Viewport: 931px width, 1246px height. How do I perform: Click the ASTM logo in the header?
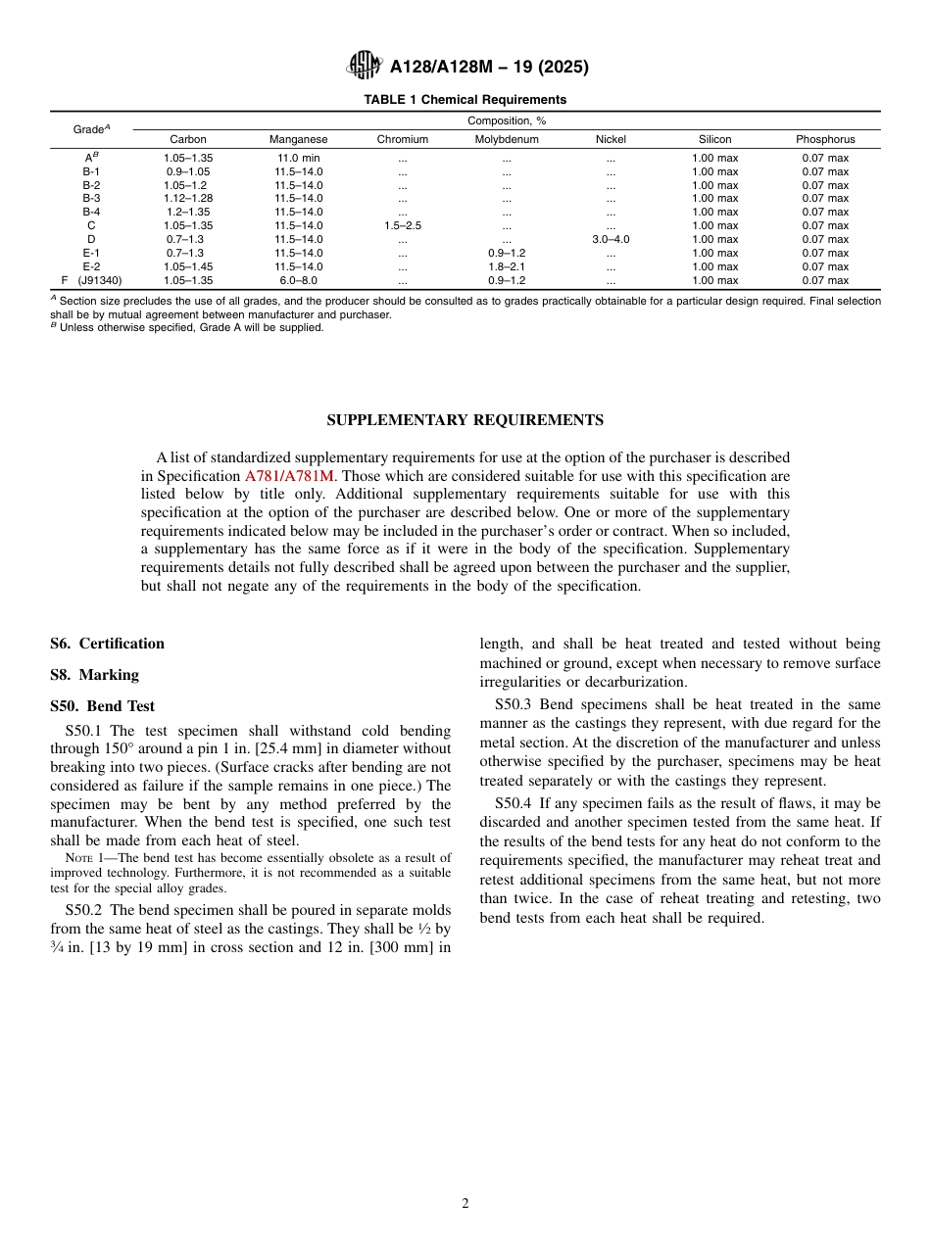click(x=365, y=67)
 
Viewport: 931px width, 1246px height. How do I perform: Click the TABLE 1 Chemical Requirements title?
click(x=465, y=100)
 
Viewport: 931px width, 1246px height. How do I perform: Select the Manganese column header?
click(x=298, y=140)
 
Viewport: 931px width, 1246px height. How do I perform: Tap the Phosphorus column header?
click(x=825, y=140)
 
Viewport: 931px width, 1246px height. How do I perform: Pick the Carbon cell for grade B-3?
click(x=188, y=199)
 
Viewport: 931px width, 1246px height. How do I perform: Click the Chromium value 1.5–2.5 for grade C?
click(x=402, y=226)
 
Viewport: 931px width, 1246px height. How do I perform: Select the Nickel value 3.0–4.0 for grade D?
click(x=611, y=240)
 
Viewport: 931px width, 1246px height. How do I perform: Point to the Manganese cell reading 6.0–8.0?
click(x=298, y=280)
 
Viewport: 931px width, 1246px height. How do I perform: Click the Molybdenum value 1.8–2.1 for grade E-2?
click(x=506, y=266)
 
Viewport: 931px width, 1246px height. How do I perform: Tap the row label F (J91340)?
click(x=91, y=280)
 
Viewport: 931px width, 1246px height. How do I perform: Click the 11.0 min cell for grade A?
click(x=298, y=158)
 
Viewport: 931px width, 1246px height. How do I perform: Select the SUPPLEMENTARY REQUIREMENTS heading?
click(x=465, y=420)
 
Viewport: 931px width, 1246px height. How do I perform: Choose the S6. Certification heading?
click(x=107, y=644)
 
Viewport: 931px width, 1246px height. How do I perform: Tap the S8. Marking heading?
click(x=94, y=675)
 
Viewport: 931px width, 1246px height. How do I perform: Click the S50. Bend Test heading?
click(x=102, y=706)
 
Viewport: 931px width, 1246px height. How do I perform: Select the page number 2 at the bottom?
click(x=465, y=1204)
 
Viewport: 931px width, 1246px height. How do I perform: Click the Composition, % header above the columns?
click(x=506, y=120)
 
